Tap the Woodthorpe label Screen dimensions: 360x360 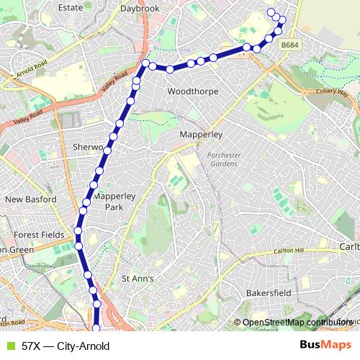(192, 92)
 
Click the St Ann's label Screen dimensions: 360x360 (138, 278)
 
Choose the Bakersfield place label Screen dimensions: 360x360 (269, 294)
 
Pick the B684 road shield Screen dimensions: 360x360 (290, 45)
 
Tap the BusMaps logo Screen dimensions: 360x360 (321, 346)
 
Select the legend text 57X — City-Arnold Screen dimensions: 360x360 (66, 346)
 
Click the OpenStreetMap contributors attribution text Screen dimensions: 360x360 (295, 323)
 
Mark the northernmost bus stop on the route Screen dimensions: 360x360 (271, 12)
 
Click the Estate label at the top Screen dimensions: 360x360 (70, 7)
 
